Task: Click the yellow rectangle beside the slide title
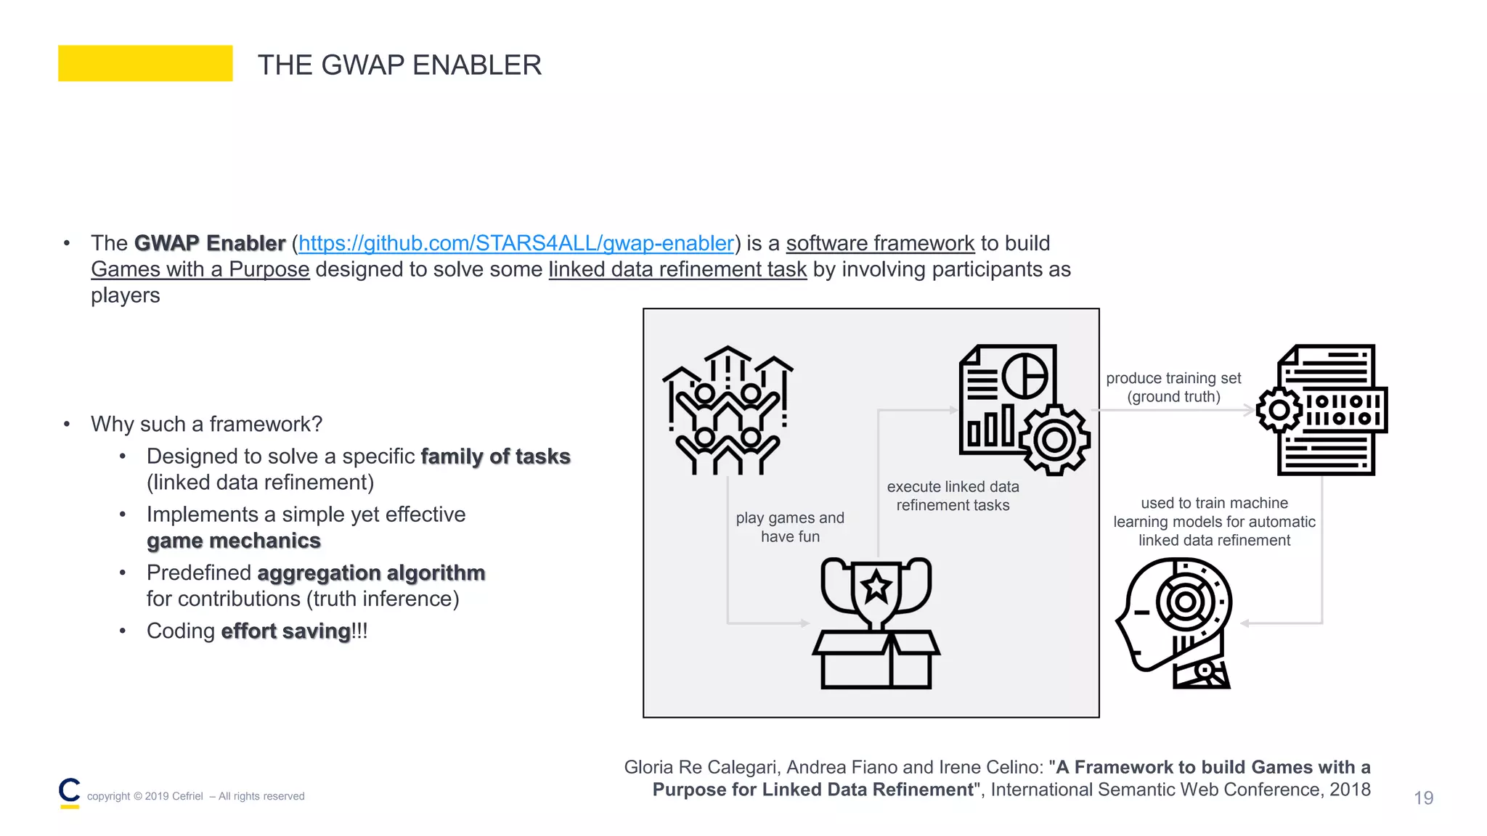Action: (x=145, y=63)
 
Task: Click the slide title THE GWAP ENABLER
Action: (x=399, y=65)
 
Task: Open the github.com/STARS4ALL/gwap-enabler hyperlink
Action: (x=516, y=243)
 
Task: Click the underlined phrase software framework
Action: (x=880, y=243)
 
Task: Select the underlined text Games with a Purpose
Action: (x=200, y=269)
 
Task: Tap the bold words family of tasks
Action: (x=495, y=456)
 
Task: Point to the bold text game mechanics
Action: (x=233, y=541)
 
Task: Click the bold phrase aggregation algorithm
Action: (x=371, y=573)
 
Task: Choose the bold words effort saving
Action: (x=286, y=631)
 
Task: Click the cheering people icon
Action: (x=728, y=411)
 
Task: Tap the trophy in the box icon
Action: (x=876, y=623)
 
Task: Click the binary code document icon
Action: (x=1323, y=410)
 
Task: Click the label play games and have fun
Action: (x=790, y=527)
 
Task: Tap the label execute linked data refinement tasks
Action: (x=953, y=496)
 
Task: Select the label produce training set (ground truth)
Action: (x=1173, y=388)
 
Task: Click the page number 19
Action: (x=1423, y=798)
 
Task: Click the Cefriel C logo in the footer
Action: (x=70, y=792)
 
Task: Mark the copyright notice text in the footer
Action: (x=195, y=796)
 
